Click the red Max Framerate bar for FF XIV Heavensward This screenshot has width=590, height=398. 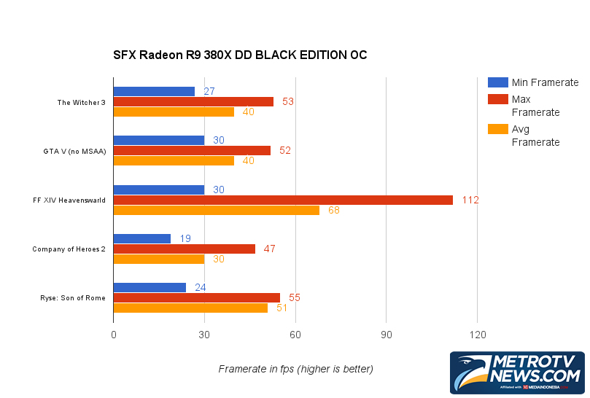283,200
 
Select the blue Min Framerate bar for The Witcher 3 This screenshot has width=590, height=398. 154,92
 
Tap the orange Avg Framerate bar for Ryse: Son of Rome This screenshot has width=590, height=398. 190,308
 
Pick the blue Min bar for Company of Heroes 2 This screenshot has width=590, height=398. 142,238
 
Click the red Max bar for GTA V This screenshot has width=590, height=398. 192,150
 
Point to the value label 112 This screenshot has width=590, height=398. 470,200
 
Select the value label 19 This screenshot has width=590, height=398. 186,238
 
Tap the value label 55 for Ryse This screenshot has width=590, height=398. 295,297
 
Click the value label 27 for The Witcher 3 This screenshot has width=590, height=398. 209,92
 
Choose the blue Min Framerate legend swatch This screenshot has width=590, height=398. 497,82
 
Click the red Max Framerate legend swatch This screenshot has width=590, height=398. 497,98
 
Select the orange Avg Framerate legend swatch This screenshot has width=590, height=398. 497,129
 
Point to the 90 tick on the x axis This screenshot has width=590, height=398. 386,335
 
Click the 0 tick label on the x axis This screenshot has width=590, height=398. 113,335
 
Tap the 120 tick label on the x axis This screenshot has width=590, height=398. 477,335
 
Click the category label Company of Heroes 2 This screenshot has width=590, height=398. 69,249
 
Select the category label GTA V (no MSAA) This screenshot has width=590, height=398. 74,151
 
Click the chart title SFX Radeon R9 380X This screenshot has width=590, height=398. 240,55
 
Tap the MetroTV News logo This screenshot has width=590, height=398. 517,372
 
